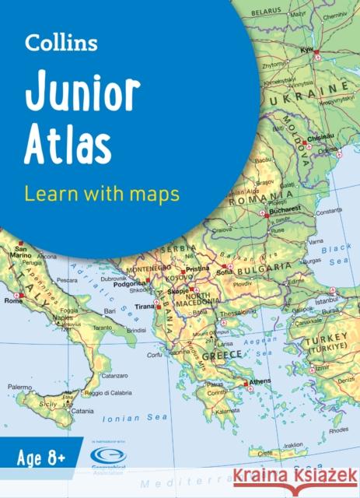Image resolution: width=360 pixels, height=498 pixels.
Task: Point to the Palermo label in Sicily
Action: click(19, 386)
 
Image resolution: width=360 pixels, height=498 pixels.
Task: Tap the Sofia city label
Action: click(225, 273)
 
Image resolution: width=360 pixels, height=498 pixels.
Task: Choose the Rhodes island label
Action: click(339, 429)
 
